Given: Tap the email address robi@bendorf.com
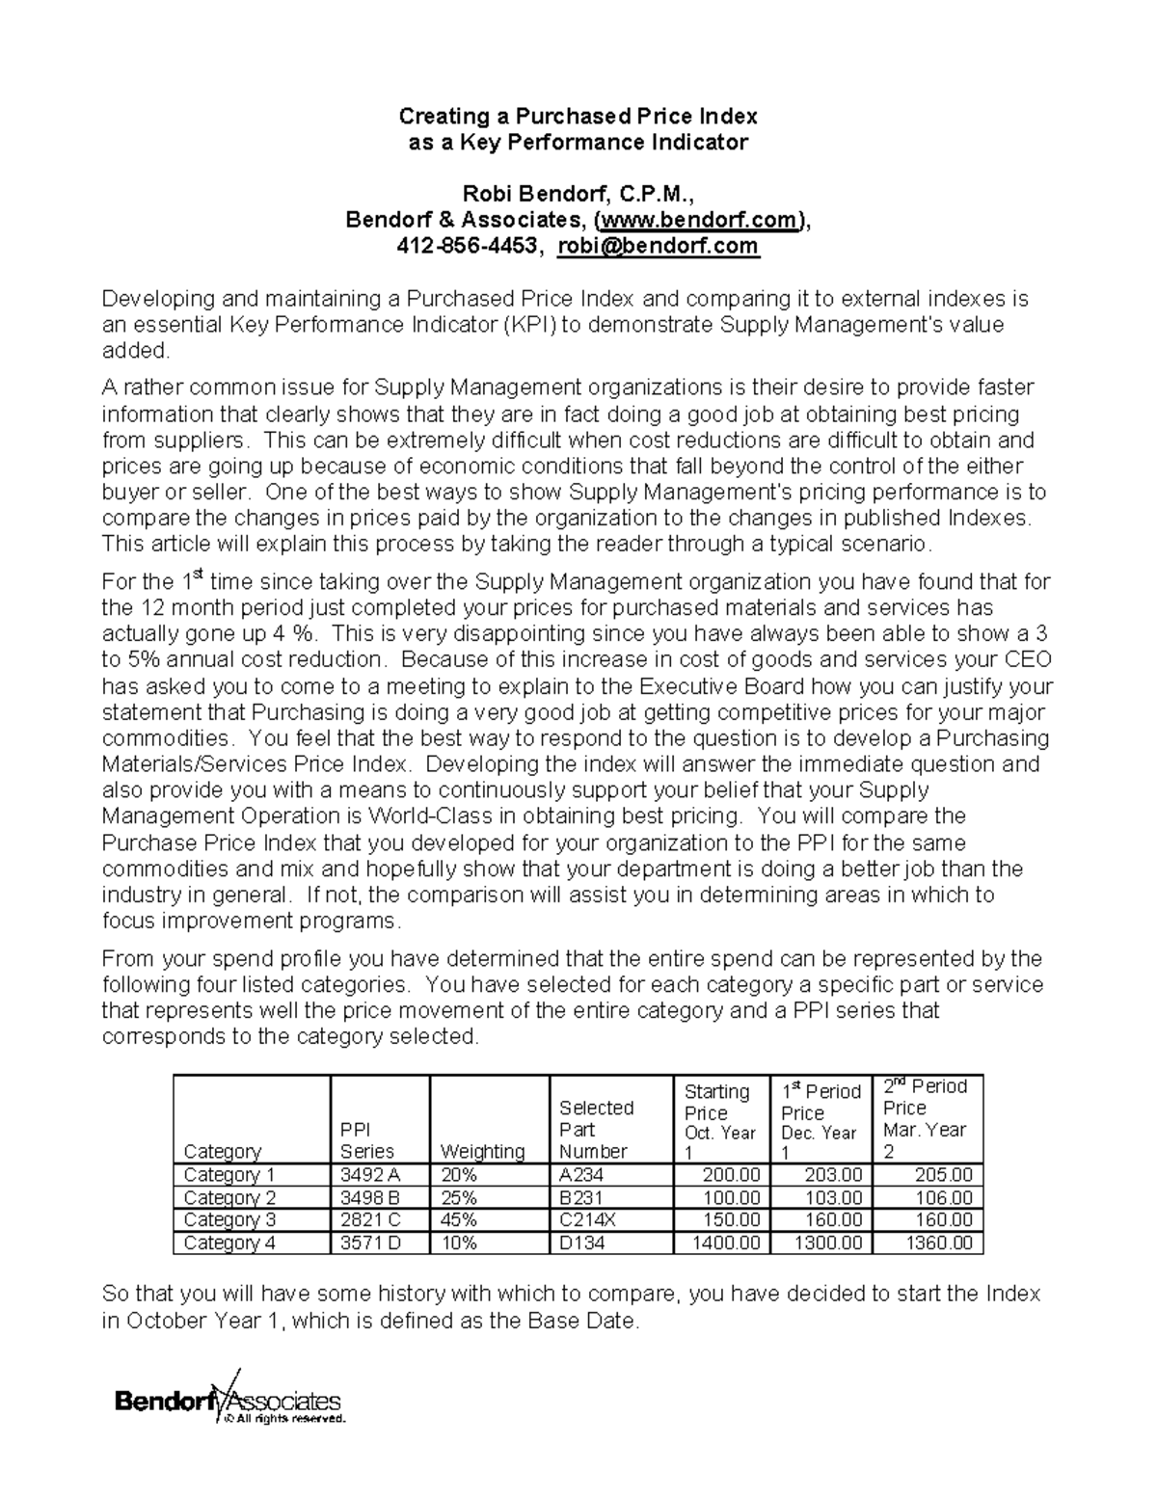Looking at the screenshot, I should pos(659,247).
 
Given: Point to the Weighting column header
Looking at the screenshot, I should pos(482,1151).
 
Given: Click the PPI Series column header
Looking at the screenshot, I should pos(367,1140).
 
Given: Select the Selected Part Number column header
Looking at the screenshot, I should pos(596,1129).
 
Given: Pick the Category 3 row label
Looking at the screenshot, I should pos(229,1220).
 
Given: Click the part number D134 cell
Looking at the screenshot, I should pos(582,1243).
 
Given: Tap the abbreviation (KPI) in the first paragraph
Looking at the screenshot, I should pos(528,325).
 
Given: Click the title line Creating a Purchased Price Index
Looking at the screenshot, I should pos(578,117).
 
